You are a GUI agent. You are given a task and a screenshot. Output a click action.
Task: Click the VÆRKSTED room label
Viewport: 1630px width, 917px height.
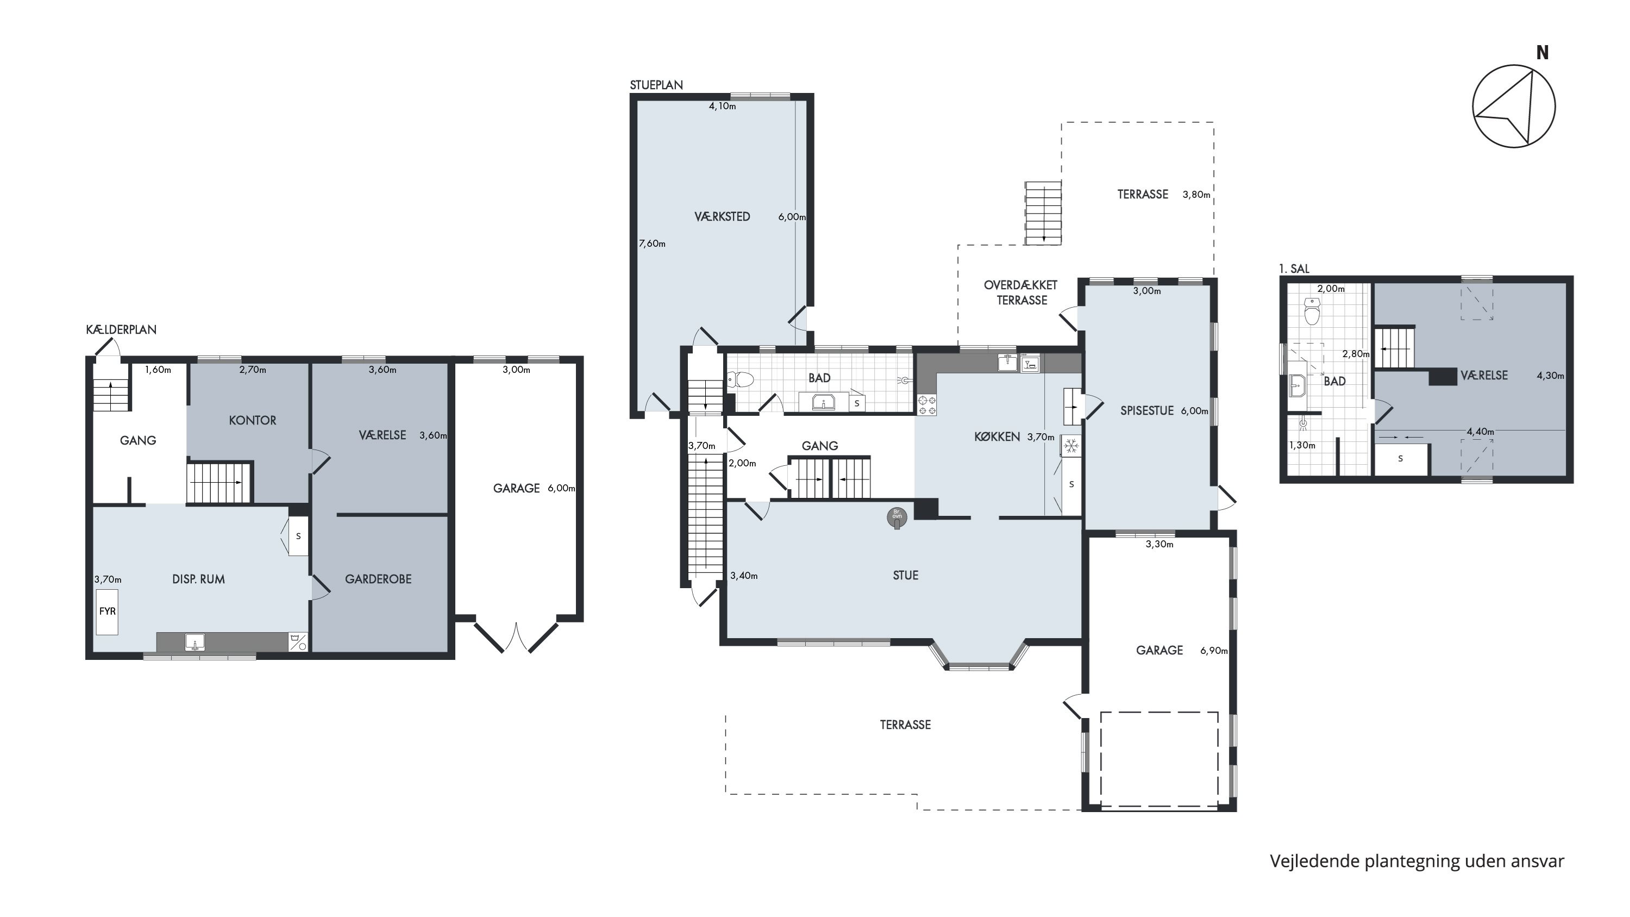click(x=722, y=216)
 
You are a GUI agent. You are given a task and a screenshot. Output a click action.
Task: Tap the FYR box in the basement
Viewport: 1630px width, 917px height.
click(x=107, y=612)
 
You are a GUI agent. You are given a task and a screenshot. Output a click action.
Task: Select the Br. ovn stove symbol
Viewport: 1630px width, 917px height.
click(x=896, y=517)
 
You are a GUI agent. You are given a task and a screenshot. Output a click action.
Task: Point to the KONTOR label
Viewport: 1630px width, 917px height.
click(x=253, y=420)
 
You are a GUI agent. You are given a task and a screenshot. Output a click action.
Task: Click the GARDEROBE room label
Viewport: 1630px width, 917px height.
click(x=378, y=579)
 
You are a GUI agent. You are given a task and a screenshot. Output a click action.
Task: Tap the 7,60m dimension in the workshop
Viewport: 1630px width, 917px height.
click(x=652, y=244)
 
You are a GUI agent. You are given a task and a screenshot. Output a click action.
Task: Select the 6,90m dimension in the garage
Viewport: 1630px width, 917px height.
click(x=1214, y=651)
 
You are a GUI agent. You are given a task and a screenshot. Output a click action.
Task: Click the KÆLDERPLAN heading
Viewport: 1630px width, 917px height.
click(x=121, y=330)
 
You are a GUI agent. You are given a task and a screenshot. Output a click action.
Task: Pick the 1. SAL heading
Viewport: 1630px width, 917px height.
click(x=1294, y=269)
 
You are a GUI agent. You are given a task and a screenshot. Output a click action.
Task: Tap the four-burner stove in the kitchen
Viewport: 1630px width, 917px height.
click(x=927, y=405)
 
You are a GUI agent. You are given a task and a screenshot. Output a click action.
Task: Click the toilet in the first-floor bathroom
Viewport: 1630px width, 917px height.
click(x=1312, y=313)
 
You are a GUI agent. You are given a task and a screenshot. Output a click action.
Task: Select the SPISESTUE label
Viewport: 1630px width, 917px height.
click(x=1147, y=411)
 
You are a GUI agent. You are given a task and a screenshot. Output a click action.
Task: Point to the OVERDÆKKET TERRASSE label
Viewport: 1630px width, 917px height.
click(x=1020, y=293)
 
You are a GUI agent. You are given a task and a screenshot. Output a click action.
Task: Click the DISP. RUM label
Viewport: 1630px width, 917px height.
click(x=199, y=579)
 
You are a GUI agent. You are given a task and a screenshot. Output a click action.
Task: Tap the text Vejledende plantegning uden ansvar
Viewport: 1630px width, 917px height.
click(x=1417, y=862)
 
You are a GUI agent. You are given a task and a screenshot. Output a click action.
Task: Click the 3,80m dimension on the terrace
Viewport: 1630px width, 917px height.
click(x=1196, y=195)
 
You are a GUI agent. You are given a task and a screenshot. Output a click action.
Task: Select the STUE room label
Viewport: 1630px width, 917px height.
click(x=906, y=575)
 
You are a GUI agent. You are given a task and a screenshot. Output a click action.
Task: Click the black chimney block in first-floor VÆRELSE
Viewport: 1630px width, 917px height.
click(x=1443, y=377)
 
